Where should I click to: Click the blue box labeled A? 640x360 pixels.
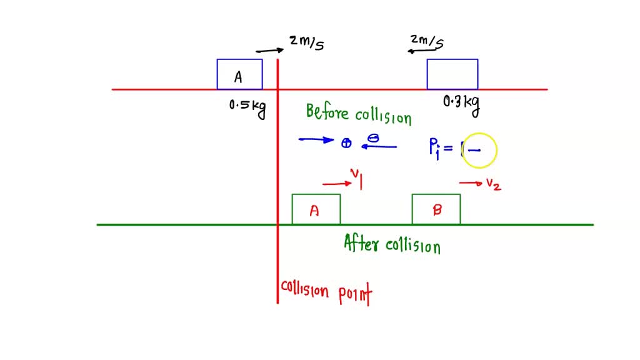point(239,74)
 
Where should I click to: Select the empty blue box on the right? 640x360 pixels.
point(452,74)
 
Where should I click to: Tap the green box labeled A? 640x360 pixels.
point(316,209)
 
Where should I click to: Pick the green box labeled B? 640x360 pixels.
point(436,209)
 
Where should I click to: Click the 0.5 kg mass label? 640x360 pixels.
point(247,107)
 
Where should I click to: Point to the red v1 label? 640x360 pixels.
point(357,179)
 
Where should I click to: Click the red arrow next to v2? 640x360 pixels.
point(470,183)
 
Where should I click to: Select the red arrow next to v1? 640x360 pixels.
point(336,184)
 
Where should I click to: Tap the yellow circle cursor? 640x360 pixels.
point(480,150)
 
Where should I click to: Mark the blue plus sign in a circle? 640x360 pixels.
point(346,144)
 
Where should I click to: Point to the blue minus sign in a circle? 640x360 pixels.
point(372,139)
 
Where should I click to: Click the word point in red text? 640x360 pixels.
point(354,294)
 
